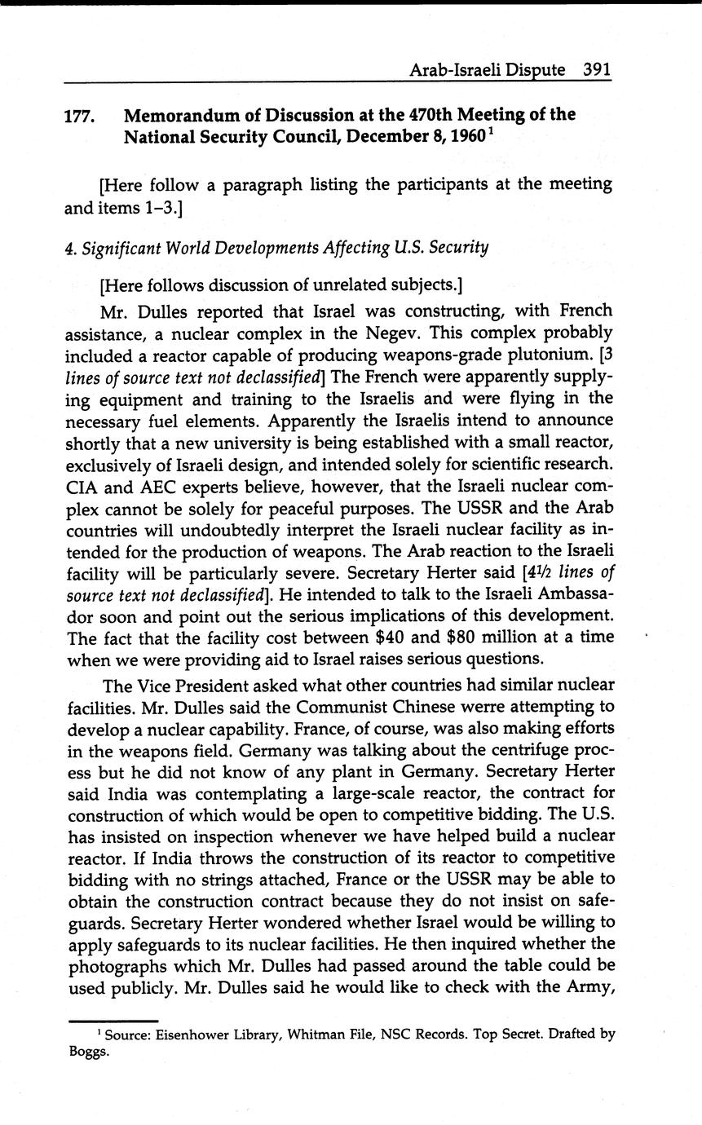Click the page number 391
click(597, 70)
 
